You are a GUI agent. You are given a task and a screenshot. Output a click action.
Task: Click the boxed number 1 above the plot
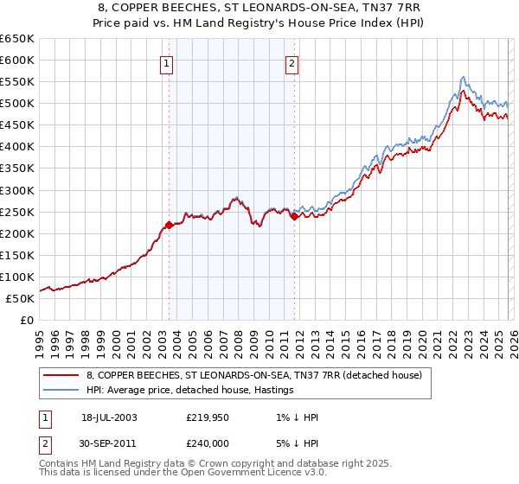coord(165,62)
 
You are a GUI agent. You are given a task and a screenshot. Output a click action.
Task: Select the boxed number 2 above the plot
coord(292,62)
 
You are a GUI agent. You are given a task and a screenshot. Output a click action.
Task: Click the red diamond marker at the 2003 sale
coord(169,225)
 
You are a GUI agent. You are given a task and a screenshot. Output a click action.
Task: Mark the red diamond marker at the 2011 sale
coord(294,216)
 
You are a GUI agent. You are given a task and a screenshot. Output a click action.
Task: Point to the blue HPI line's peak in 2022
coord(464,77)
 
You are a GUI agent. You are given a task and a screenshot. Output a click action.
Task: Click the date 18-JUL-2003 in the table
coord(109,417)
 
